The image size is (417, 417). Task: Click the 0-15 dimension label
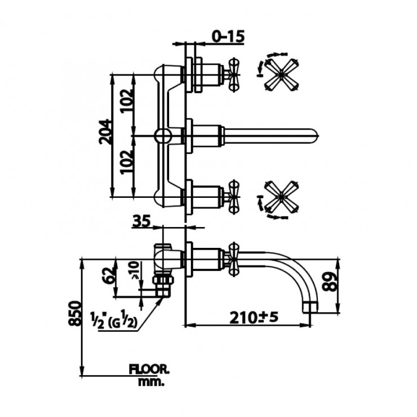pos(228,36)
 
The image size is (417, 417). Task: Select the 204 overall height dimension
pos(104,132)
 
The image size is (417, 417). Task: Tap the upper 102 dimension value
pos(127,101)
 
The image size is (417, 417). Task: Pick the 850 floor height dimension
pos(74,313)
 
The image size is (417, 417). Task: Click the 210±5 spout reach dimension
pos(254,317)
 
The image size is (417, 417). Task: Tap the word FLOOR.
pos(149,370)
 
